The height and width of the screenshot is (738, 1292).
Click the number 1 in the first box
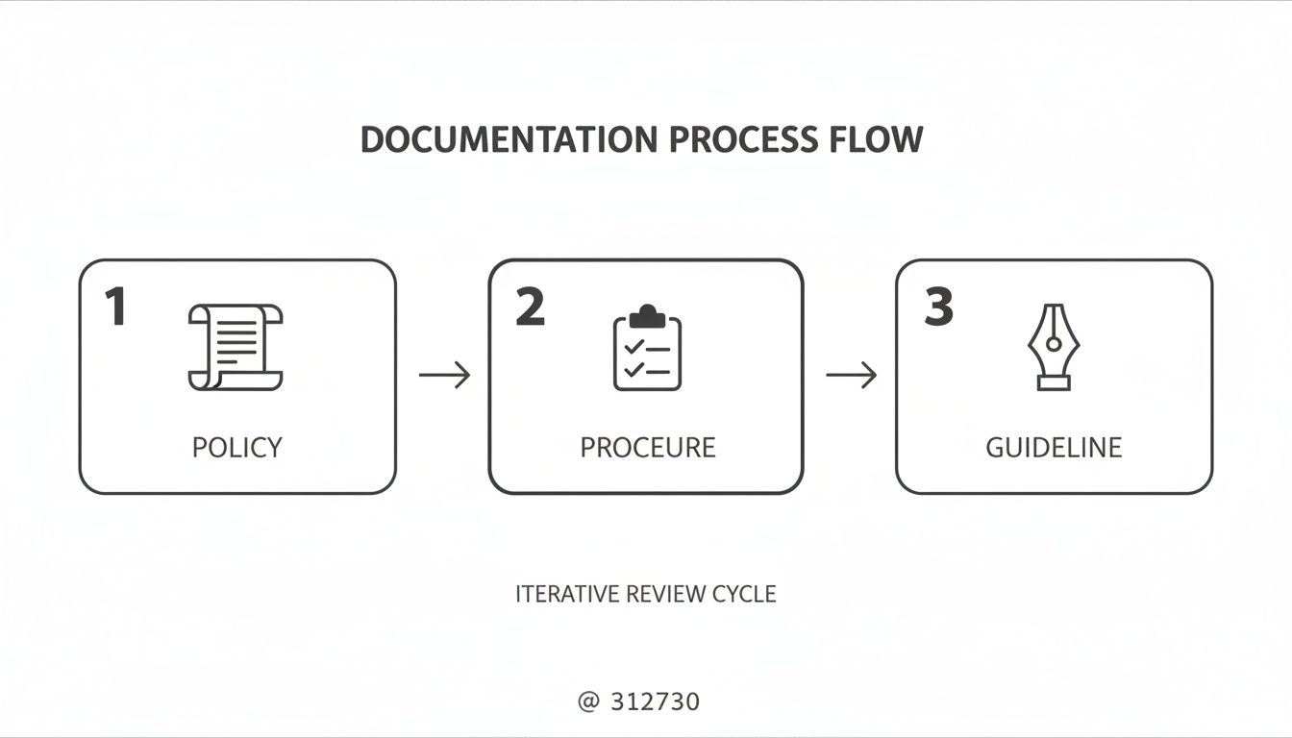(x=115, y=307)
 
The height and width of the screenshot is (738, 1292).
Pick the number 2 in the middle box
(x=530, y=307)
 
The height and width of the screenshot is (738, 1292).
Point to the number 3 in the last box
(x=938, y=307)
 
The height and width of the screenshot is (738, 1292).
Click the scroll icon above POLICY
(x=236, y=347)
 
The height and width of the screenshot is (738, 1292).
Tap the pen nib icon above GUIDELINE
(x=1054, y=347)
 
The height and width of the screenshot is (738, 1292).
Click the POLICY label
(x=237, y=447)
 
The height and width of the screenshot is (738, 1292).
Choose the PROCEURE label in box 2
(x=647, y=447)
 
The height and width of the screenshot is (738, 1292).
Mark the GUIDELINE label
(x=1054, y=447)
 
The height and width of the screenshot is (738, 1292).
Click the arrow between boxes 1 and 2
(x=444, y=375)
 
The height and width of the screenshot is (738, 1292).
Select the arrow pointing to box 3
(x=852, y=375)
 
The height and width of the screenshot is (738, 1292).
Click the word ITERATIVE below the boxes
(x=567, y=594)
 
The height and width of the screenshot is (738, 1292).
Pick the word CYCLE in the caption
(x=744, y=594)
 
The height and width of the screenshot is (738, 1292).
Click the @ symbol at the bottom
(x=588, y=701)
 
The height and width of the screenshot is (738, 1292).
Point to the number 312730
(x=656, y=701)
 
